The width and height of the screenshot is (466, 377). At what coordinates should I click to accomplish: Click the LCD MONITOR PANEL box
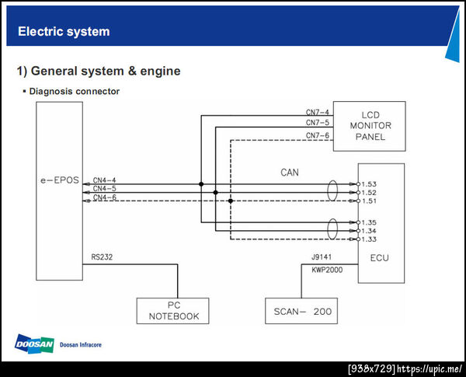coord(370,126)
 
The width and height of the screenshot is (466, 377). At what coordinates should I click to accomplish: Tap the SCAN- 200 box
coord(302,311)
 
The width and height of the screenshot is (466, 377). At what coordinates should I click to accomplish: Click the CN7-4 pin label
coord(317,113)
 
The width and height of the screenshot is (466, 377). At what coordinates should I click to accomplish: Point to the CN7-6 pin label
coord(317,136)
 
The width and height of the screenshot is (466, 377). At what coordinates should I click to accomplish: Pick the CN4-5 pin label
coord(105,189)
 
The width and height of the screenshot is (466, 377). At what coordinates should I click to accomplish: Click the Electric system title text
coord(64,32)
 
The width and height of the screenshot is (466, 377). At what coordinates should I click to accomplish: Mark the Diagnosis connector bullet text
coord(74,91)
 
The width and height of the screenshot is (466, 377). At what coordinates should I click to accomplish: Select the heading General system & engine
coord(99,71)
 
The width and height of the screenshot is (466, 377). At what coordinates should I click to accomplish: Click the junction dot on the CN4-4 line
coord(201,184)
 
